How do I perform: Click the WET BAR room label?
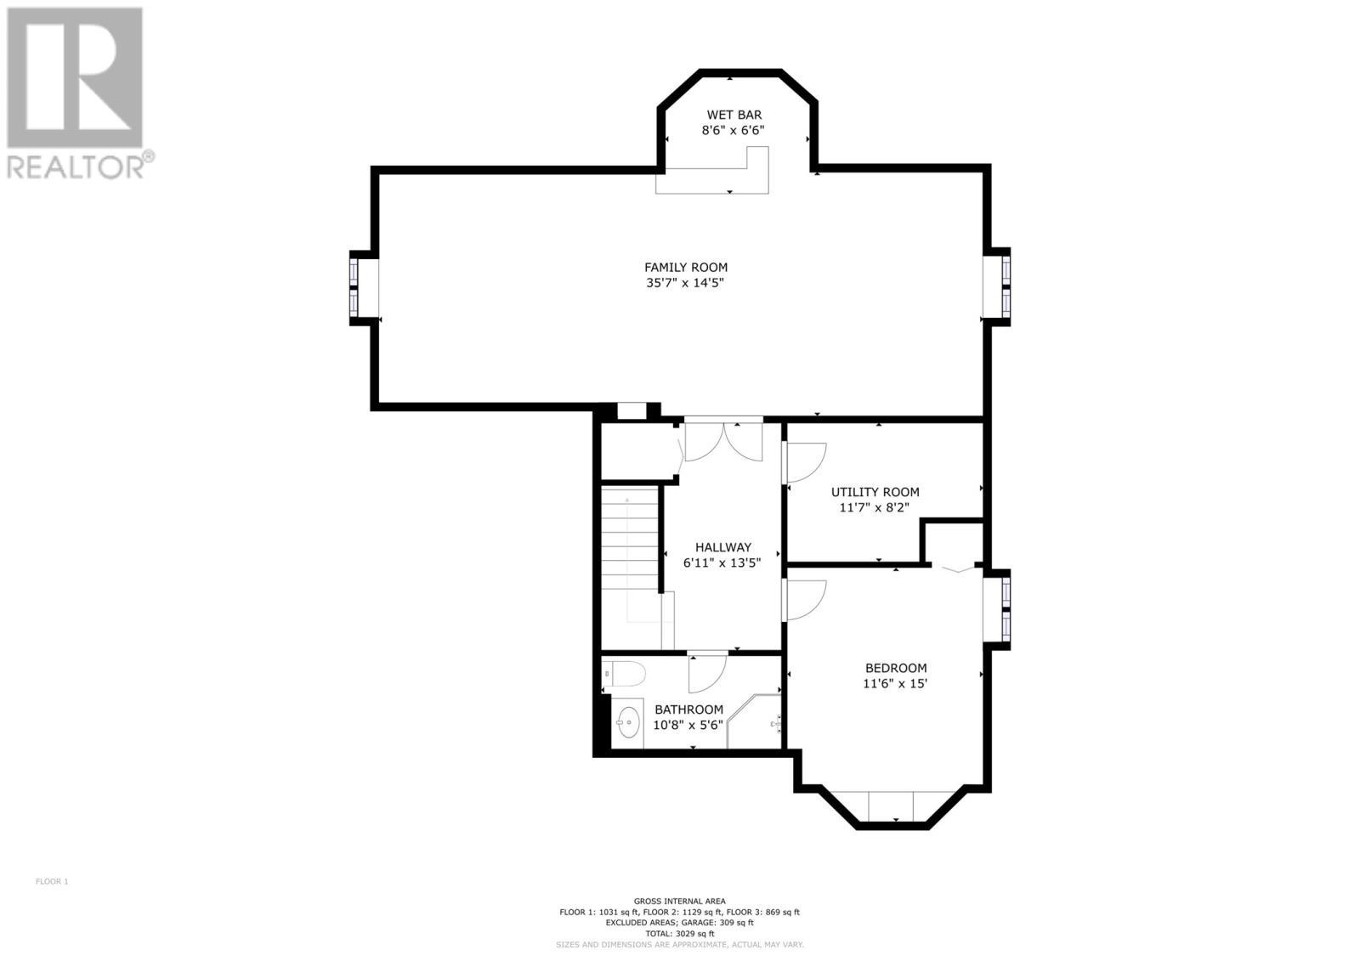tap(734, 115)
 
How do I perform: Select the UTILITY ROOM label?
tap(875, 492)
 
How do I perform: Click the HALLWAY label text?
tap(722, 547)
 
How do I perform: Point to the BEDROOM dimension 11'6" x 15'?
tap(895, 683)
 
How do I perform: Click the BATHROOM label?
tap(688, 709)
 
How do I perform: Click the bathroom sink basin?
tap(628, 724)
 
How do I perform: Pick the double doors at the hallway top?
tap(723, 441)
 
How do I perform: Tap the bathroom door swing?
tap(706, 671)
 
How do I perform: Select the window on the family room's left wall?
tap(354, 288)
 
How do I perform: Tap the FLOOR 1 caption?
tap(52, 881)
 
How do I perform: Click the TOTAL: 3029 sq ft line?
tap(679, 933)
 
